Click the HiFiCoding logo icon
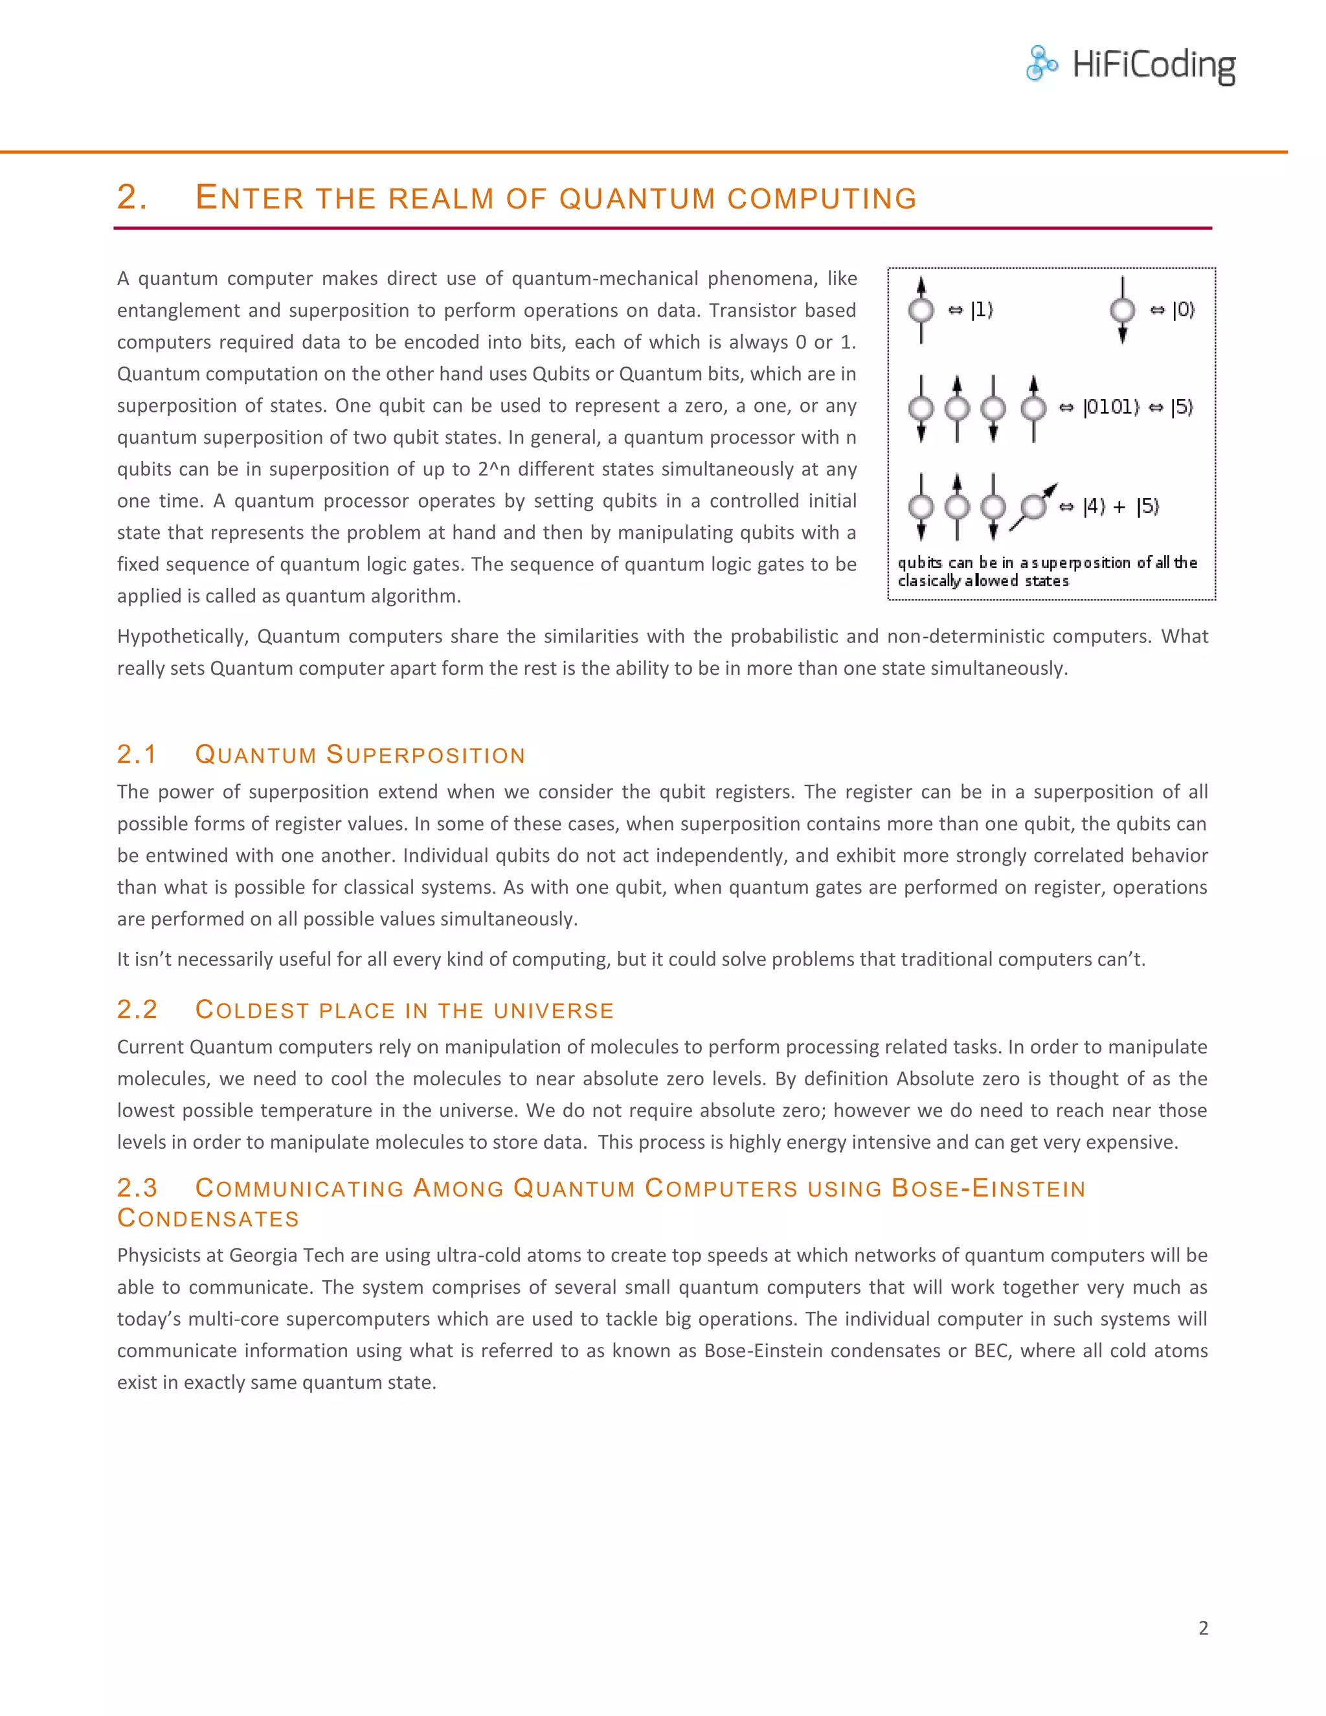coord(1042,63)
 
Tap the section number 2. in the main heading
coord(132,198)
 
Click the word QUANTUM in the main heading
coord(637,199)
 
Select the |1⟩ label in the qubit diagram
coord(982,310)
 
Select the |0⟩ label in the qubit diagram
coord(1183,310)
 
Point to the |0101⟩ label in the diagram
coord(1111,407)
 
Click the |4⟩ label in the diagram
coord(1094,507)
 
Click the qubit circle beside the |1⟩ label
coord(921,310)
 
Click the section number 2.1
coord(137,754)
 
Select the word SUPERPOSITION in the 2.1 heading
coord(425,755)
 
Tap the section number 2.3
coord(137,1188)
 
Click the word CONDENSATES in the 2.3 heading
coord(208,1219)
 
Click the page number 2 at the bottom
coord(1203,1628)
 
